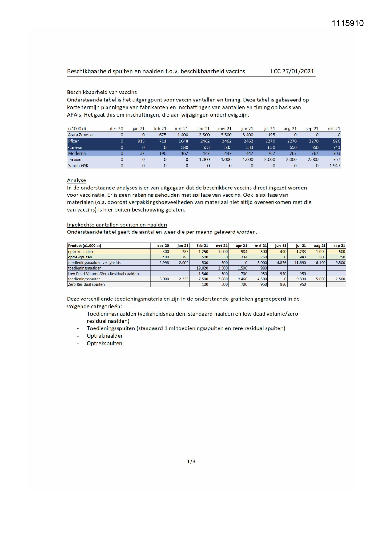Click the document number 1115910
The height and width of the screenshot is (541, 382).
point(348,23)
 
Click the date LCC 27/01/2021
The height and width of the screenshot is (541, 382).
point(292,72)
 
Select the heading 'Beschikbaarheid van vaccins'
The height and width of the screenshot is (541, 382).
point(102,92)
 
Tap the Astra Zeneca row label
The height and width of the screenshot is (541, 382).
point(80,135)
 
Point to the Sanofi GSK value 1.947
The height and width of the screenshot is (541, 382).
point(335,166)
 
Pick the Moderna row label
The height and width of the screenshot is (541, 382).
point(77,153)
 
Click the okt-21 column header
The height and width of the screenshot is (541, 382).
point(334,129)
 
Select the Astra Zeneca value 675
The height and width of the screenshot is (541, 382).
point(163,135)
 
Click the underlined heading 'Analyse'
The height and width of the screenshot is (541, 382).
point(77,180)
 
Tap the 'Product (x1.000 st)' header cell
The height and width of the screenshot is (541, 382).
point(85,246)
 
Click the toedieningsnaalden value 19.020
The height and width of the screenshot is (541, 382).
point(203,268)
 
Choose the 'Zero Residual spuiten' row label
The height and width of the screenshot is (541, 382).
point(86,284)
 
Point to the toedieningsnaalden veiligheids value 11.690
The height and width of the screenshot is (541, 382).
point(300,263)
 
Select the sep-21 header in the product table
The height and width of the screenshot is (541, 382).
point(339,246)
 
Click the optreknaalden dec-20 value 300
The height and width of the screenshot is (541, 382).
point(166,252)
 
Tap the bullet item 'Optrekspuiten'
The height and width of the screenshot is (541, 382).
point(104,343)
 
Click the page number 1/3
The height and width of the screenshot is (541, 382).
point(191,461)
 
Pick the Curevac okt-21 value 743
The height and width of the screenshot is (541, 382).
point(336,147)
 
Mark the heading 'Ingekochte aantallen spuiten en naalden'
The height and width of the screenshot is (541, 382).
point(117,225)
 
